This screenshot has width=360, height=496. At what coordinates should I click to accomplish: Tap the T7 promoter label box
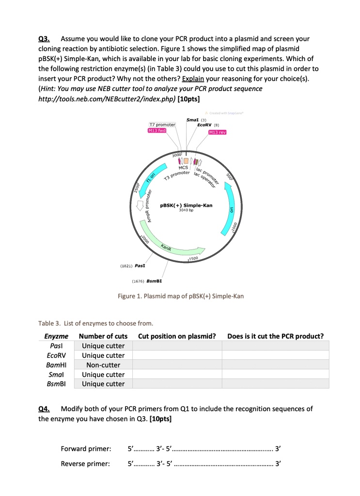click(162, 125)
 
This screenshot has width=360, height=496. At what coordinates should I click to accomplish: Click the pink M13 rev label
click(218, 132)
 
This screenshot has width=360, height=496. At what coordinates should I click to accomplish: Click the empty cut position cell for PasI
click(177, 345)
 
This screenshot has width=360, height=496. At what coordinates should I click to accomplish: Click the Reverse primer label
click(86, 465)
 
